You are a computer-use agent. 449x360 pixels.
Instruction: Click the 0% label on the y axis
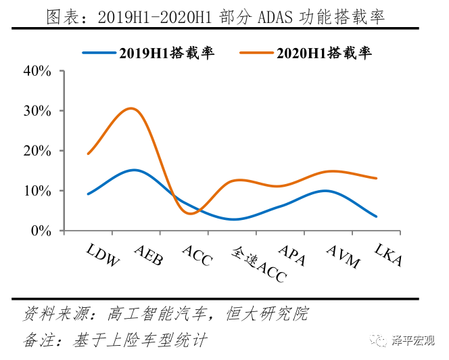42,231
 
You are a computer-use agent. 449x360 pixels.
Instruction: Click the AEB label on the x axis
148,254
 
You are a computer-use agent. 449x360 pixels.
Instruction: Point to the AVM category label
342,254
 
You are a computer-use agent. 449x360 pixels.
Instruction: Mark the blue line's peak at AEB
134,170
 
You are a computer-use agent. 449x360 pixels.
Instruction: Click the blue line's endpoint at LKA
376,217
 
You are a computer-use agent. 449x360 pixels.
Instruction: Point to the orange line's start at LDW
88,154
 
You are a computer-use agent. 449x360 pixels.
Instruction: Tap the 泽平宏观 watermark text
414,341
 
